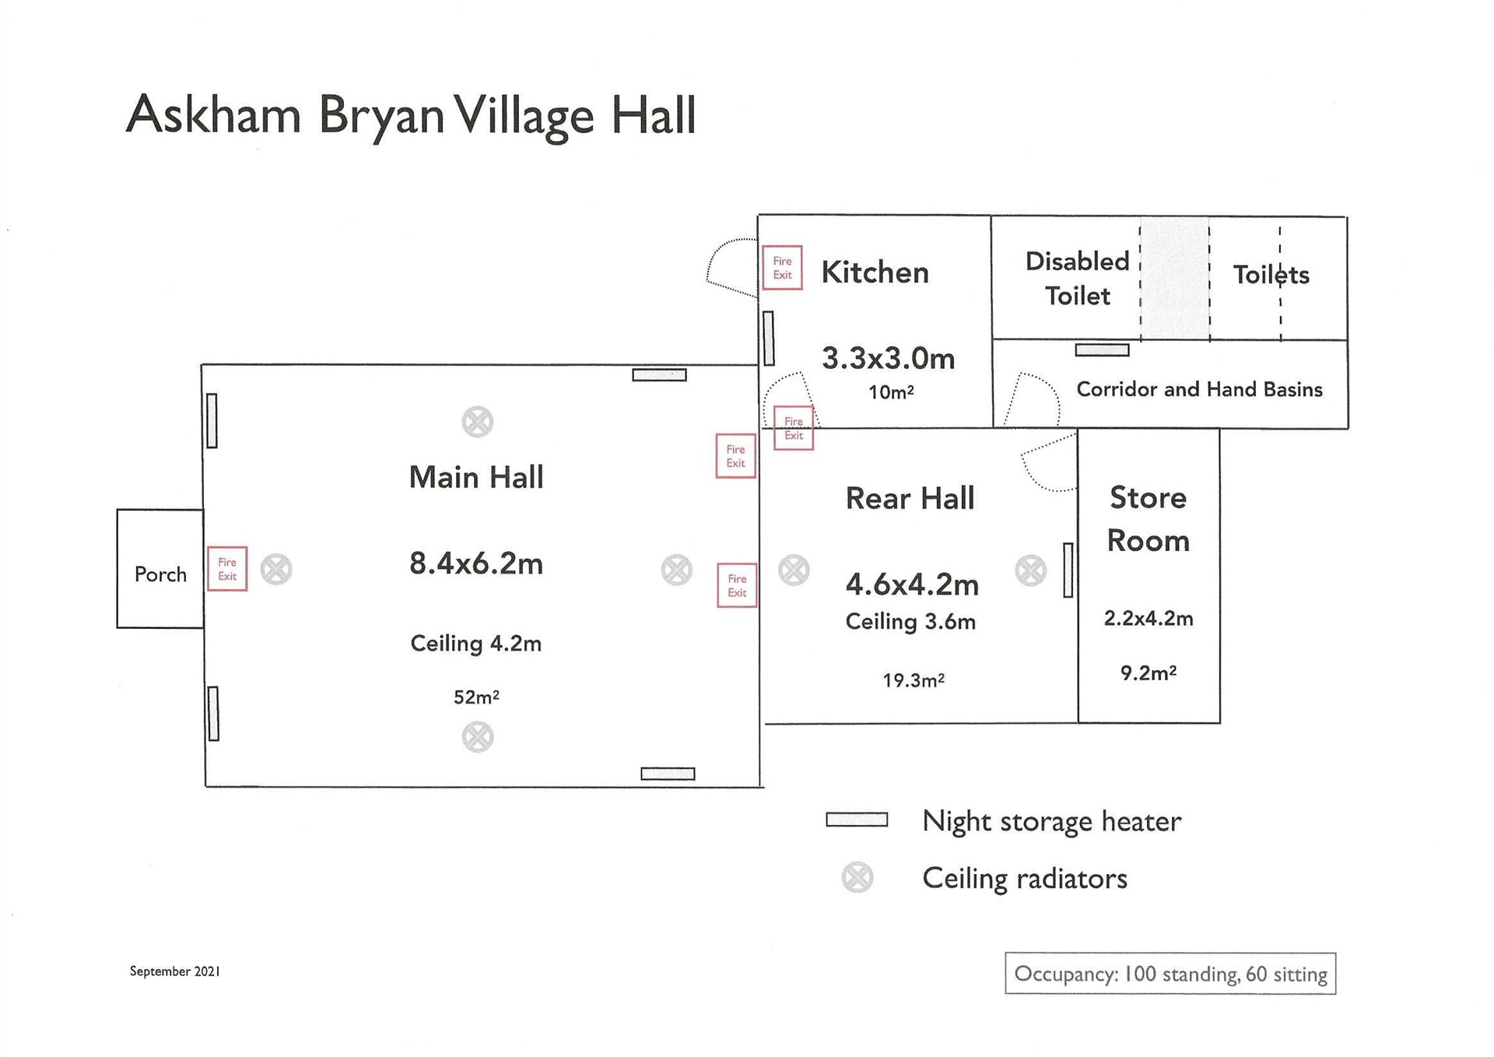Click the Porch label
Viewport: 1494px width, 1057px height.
[160, 574]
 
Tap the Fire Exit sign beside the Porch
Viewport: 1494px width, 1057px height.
[227, 569]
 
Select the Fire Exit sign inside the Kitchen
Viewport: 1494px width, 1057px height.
[782, 268]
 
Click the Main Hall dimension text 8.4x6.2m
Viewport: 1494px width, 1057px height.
[476, 564]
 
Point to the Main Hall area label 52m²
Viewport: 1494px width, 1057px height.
[476, 697]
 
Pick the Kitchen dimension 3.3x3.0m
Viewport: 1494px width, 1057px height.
[889, 359]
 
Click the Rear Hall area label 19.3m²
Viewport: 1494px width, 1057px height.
[914, 680]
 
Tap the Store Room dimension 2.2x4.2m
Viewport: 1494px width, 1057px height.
[1149, 619]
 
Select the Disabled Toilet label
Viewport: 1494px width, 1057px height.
[1077, 278]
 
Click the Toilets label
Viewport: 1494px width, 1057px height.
[1271, 275]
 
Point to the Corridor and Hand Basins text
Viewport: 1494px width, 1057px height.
[1199, 389]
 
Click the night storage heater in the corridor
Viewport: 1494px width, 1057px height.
[1102, 350]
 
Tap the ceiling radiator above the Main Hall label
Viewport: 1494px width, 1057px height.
[477, 422]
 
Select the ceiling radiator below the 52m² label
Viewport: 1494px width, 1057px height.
[478, 736]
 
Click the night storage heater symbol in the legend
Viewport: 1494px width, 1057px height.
[857, 820]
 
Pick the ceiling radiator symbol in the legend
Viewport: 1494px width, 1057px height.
[857, 878]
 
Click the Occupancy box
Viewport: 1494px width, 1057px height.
[1170, 974]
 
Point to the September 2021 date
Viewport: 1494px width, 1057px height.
[175, 971]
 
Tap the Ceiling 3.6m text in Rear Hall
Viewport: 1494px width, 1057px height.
[910, 622]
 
